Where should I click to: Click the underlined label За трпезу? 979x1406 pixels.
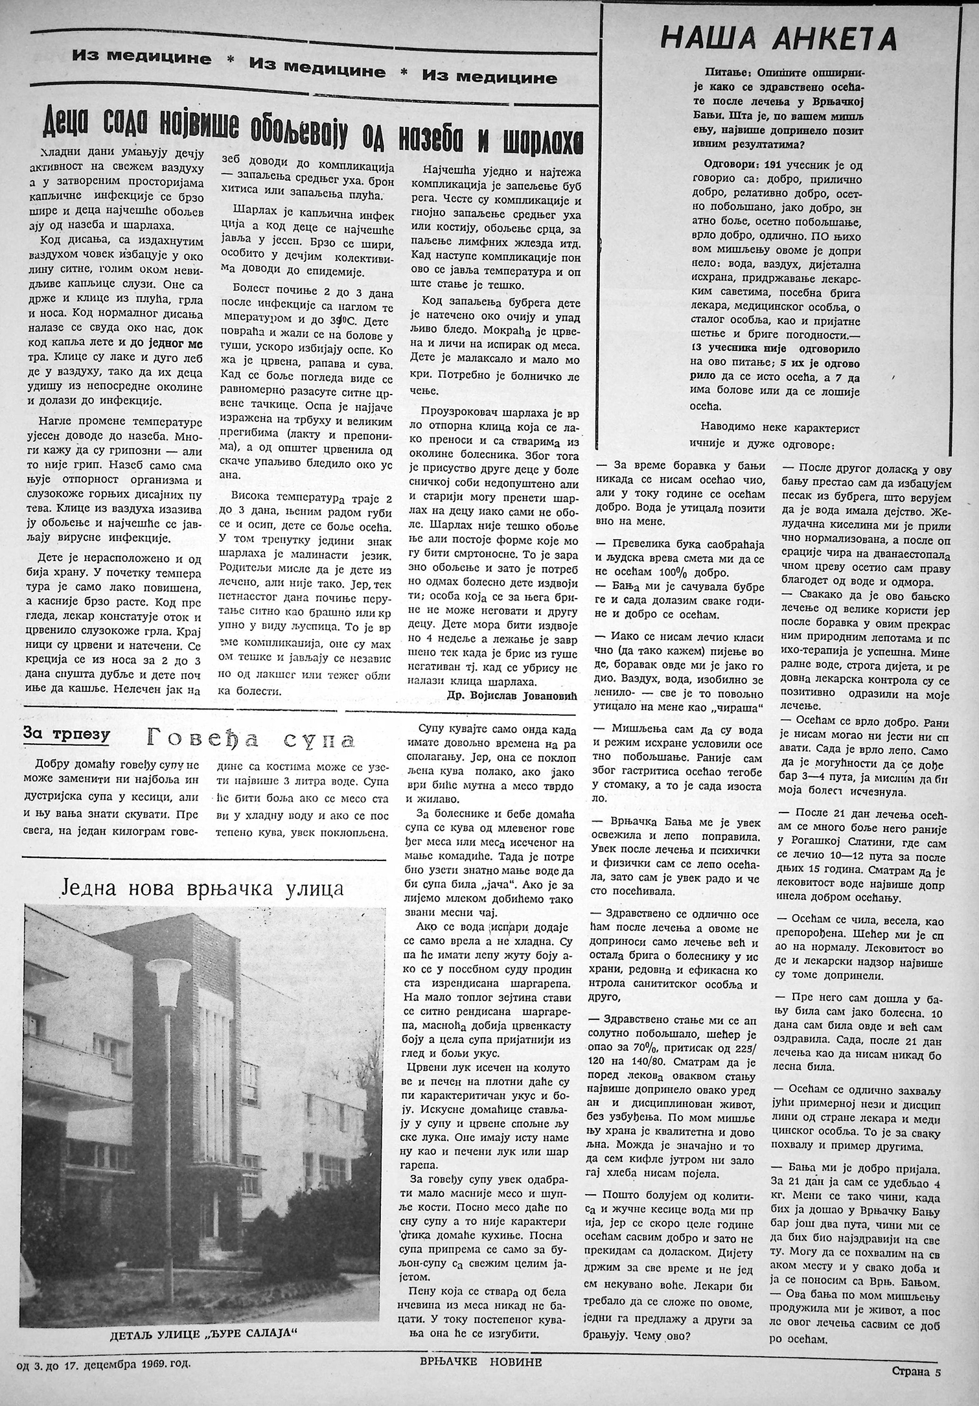coord(66,733)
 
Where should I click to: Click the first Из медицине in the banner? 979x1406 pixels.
coord(142,58)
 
